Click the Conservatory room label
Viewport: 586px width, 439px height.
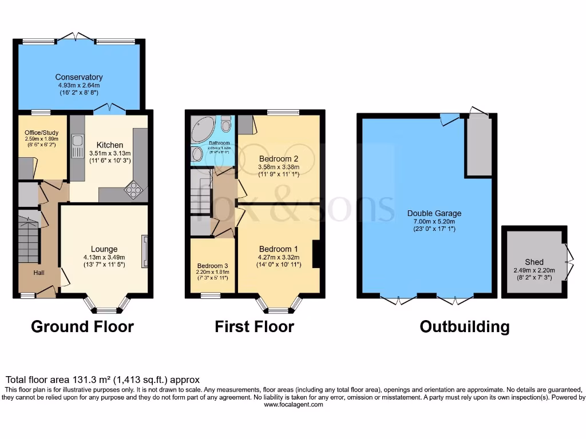pos(79,77)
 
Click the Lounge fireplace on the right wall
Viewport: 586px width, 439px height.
pos(145,251)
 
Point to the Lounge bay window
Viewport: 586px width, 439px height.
pos(106,309)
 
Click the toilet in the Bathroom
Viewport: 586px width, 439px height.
pos(226,124)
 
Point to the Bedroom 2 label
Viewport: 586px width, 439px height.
pos(279,158)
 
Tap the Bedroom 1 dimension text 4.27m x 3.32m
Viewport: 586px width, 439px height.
pos(279,258)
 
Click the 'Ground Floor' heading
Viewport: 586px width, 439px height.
pos(82,327)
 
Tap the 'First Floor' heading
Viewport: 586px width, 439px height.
pos(254,327)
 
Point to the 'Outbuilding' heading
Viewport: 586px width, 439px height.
pos(464,327)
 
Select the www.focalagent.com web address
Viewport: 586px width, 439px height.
pos(293,404)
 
